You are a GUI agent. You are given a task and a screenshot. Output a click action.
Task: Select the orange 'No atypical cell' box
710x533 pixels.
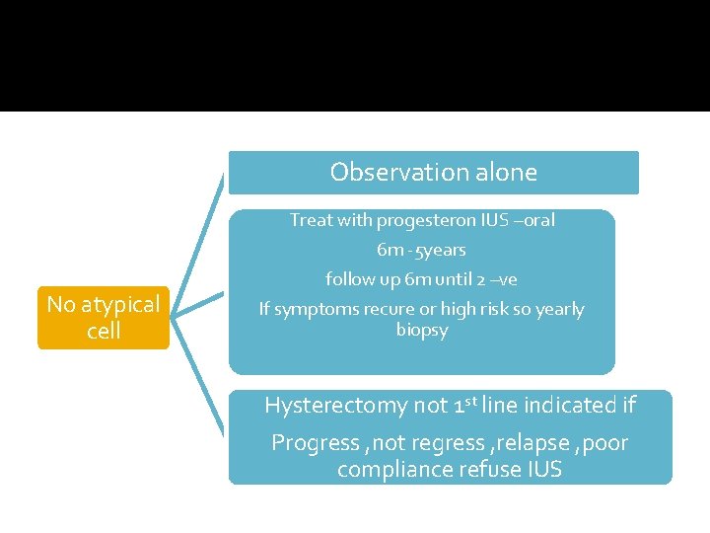[104, 317]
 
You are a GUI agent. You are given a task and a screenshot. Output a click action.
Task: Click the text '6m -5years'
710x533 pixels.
[421, 250]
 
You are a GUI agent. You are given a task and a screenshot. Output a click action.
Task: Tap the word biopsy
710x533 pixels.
[422, 330]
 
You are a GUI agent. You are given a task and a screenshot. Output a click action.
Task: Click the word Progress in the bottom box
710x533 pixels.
[315, 443]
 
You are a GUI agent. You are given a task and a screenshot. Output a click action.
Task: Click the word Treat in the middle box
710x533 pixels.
[312, 220]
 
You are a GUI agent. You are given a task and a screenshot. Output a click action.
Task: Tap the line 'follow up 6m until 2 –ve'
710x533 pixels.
[421, 279]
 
